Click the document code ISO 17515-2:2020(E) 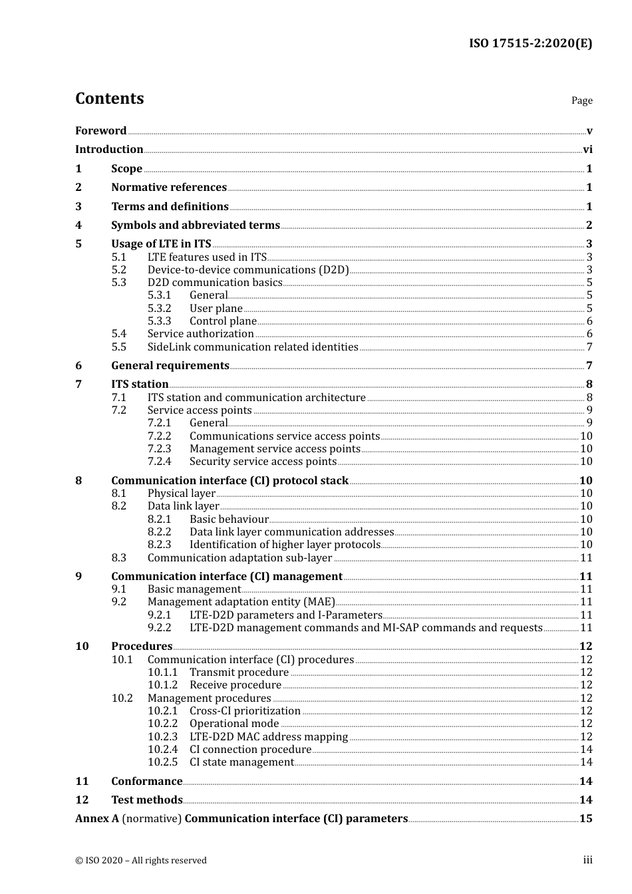pos(530,43)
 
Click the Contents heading pos(109,98)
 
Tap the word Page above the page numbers pos(581,100)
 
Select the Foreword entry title pos(100,130)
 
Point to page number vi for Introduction pos(587,150)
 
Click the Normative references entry pos(169,188)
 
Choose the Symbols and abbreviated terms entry pos(196,225)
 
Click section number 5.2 pos(118,270)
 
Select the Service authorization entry pos(200,334)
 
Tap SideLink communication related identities pos(253,347)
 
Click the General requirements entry pos(170,366)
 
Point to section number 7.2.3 pos(159,449)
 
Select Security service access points pos(263,462)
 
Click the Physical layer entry pos(181,494)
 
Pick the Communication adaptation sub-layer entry pos(239,558)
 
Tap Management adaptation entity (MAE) pos(241,602)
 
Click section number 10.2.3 pos(162,737)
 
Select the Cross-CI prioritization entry pos(245,711)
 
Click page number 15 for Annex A pos(585,819)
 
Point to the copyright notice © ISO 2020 pos(140,861)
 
